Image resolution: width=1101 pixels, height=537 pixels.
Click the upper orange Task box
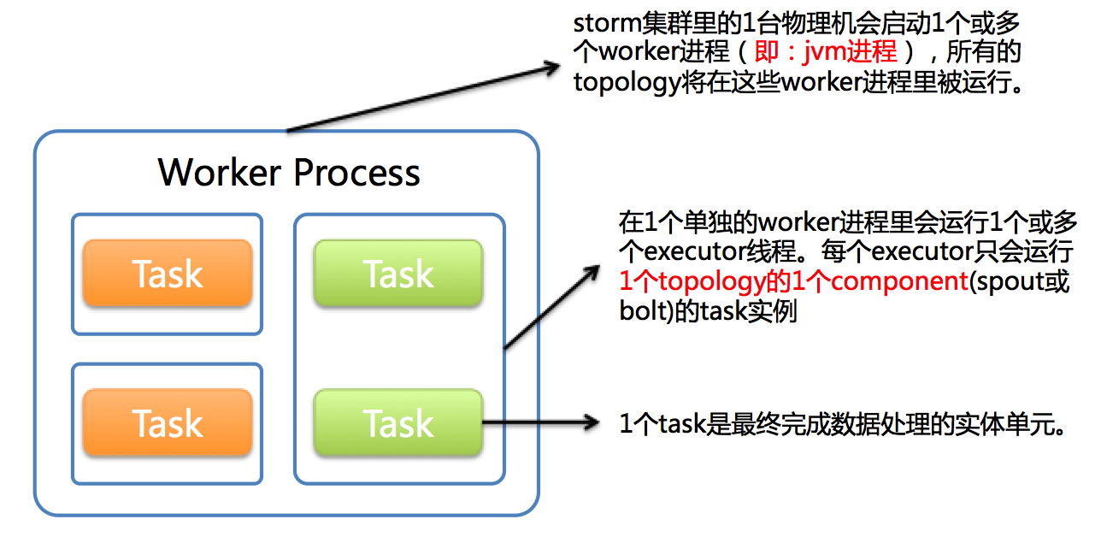pyautogui.click(x=168, y=274)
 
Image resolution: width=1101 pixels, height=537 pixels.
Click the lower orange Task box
pyautogui.click(x=168, y=423)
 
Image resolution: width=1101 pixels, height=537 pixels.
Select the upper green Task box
pyautogui.click(x=398, y=274)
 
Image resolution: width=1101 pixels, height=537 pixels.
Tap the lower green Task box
pyautogui.click(x=398, y=423)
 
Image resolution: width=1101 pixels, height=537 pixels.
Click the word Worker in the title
pyautogui.click(x=220, y=172)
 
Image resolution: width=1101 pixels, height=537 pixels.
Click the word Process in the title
pyautogui.click(x=356, y=172)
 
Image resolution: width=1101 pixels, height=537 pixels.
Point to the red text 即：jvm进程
pyautogui.click(x=826, y=51)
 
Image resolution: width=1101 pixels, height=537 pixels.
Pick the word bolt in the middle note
pyautogui.click(x=637, y=310)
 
